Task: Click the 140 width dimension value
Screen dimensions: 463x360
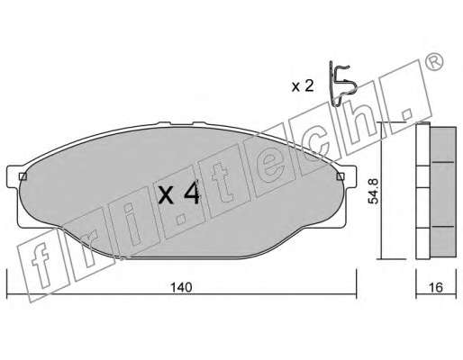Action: tap(181, 287)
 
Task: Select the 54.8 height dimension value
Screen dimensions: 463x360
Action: tap(374, 191)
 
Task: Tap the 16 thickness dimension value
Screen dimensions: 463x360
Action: tap(436, 287)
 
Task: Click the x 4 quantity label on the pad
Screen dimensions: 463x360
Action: tap(179, 194)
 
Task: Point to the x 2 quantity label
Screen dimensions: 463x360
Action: tap(303, 86)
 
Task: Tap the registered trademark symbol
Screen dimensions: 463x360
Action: tap(434, 62)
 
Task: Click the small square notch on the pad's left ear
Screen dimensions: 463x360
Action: tap(23, 176)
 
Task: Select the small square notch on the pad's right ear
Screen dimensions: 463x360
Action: tap(340, 176)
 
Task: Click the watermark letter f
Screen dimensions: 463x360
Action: tap(41, 264)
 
